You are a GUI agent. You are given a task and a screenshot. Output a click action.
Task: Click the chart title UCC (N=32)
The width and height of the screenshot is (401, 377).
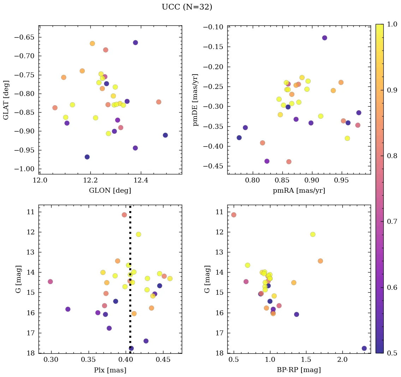(187, 7)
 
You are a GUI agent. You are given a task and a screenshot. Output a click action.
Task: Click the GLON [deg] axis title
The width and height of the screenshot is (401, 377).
(110, 191)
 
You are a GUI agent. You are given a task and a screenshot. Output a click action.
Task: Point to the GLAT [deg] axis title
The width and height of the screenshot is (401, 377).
(6, 100)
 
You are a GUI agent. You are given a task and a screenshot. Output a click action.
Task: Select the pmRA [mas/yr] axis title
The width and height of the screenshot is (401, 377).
(299, 191)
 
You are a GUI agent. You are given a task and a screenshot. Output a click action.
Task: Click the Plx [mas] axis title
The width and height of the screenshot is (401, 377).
(110, 370)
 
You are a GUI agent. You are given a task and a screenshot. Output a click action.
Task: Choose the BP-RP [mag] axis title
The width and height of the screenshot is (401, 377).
(299, 370)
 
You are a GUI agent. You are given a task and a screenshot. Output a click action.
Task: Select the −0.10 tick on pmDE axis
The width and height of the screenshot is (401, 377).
(215, 27)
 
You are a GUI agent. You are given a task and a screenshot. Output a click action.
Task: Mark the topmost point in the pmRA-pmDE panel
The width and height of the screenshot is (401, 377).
(324, 38)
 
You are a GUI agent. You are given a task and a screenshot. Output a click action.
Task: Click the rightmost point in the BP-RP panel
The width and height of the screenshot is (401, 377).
(364, 348)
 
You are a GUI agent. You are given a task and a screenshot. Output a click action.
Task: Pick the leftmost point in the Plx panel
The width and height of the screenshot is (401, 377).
(50, 281)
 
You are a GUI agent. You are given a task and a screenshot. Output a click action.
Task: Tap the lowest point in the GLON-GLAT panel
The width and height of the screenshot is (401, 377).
(87, 157)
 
